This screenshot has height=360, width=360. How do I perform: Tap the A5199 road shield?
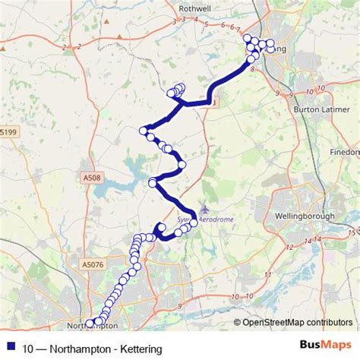coord(8,132)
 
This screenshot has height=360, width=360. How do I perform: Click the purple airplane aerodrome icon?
coord(204,207)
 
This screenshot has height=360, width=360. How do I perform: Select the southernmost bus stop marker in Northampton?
coord(90,324)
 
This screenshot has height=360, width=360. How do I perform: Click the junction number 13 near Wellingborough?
coord(352,233)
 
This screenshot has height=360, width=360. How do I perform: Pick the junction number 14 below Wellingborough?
coord(308,241)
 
